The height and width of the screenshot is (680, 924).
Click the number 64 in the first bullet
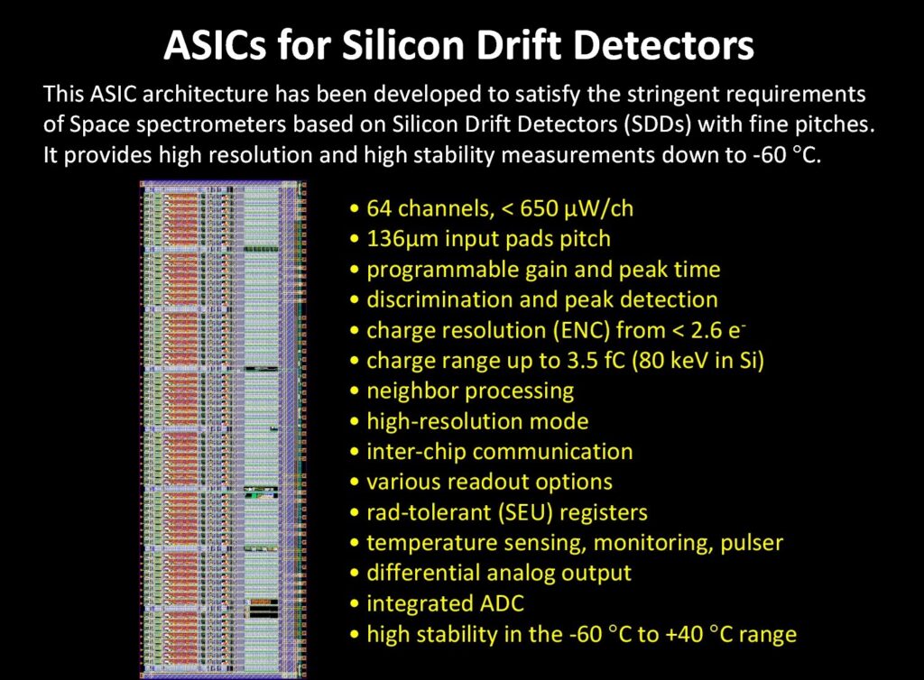coord(379,208)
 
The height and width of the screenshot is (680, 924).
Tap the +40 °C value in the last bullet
coord(691,634)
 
